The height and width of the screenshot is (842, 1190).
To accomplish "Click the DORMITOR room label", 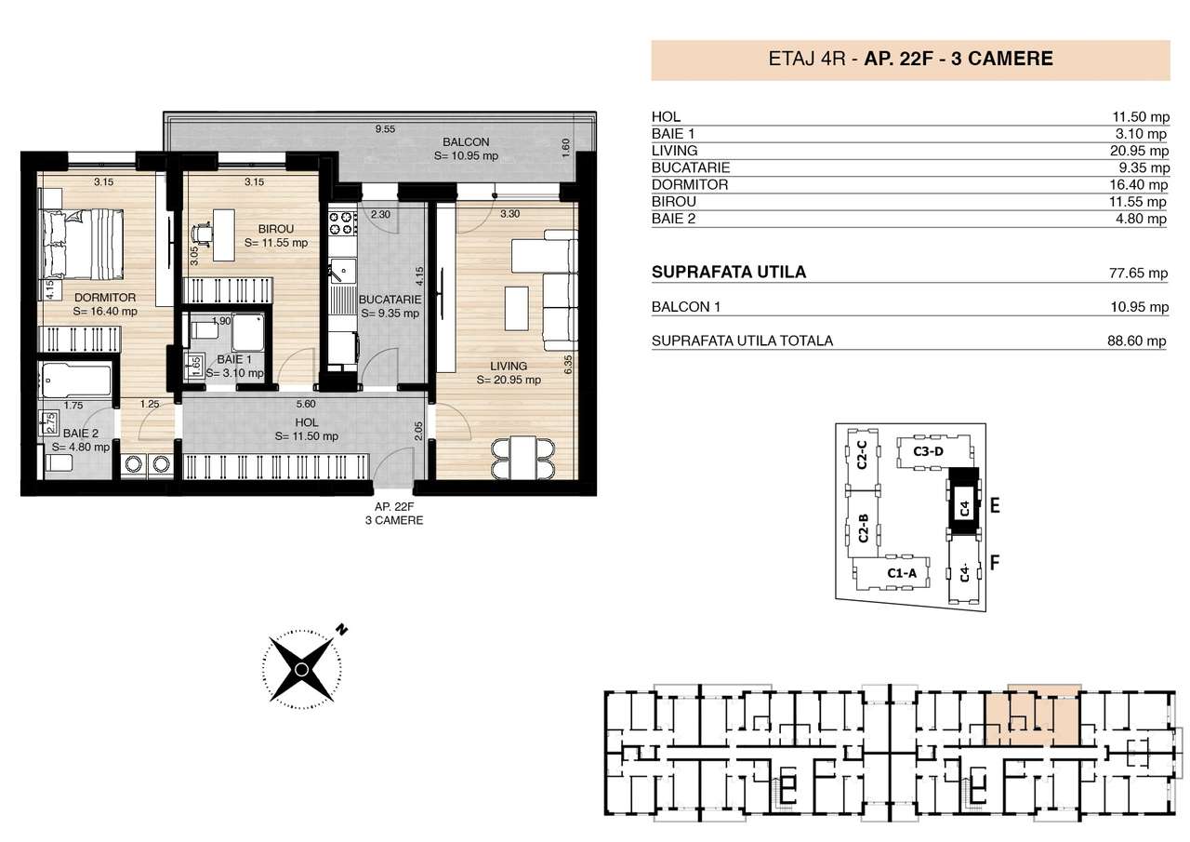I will click(x=105, y=298).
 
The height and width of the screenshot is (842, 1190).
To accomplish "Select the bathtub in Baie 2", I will click(x=75, y=379).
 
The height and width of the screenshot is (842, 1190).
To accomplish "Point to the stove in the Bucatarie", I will click(x=340, y=223).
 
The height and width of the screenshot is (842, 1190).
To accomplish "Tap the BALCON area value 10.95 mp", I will click(x=467, y=156).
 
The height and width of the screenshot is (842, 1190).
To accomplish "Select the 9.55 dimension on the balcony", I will click(x=383, y=129).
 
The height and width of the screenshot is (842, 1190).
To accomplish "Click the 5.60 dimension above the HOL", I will click(x=306, y=404).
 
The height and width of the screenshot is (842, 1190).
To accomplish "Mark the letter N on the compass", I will click(x=342, y=630).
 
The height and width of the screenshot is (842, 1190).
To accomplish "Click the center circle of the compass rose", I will click(x=300, y=670).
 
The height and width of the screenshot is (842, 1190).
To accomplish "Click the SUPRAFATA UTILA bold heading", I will click(x=729, y=273).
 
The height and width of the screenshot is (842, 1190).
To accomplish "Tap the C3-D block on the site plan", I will click(x=928, y=451).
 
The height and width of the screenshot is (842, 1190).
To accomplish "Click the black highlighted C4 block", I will click(x=964, y=507).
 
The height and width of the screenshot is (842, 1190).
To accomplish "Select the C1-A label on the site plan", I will click(x=901, y=573).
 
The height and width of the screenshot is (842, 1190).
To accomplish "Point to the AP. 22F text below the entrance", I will click(x=393, y=506).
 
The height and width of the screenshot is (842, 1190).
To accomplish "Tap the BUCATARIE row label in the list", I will click(x=691, y=167).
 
